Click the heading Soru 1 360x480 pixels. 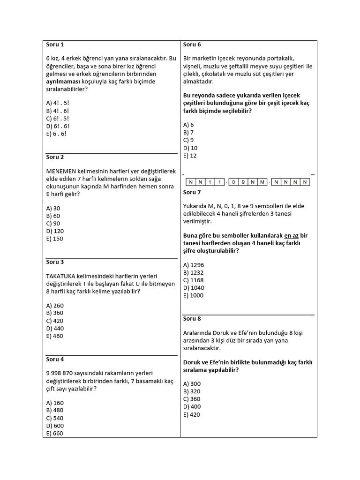pos(55,45)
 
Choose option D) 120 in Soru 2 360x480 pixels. pos(55,231)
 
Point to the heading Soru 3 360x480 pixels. pos(55,262)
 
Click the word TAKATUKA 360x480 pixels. pos(62,276)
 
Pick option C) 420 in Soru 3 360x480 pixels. pos(55,321)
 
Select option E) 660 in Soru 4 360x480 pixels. pos(55,433)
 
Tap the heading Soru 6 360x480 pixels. pos(192,45)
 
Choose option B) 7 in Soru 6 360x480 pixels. pos(189,132)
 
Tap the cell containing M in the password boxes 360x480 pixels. pos(262,182)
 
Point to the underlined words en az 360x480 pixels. pos(292,235)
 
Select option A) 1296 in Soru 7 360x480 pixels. pos(194,265)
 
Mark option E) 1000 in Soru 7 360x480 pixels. pos(194,295)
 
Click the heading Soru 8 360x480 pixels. pos(192,318)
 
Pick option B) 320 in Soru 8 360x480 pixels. pos(192,391)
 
